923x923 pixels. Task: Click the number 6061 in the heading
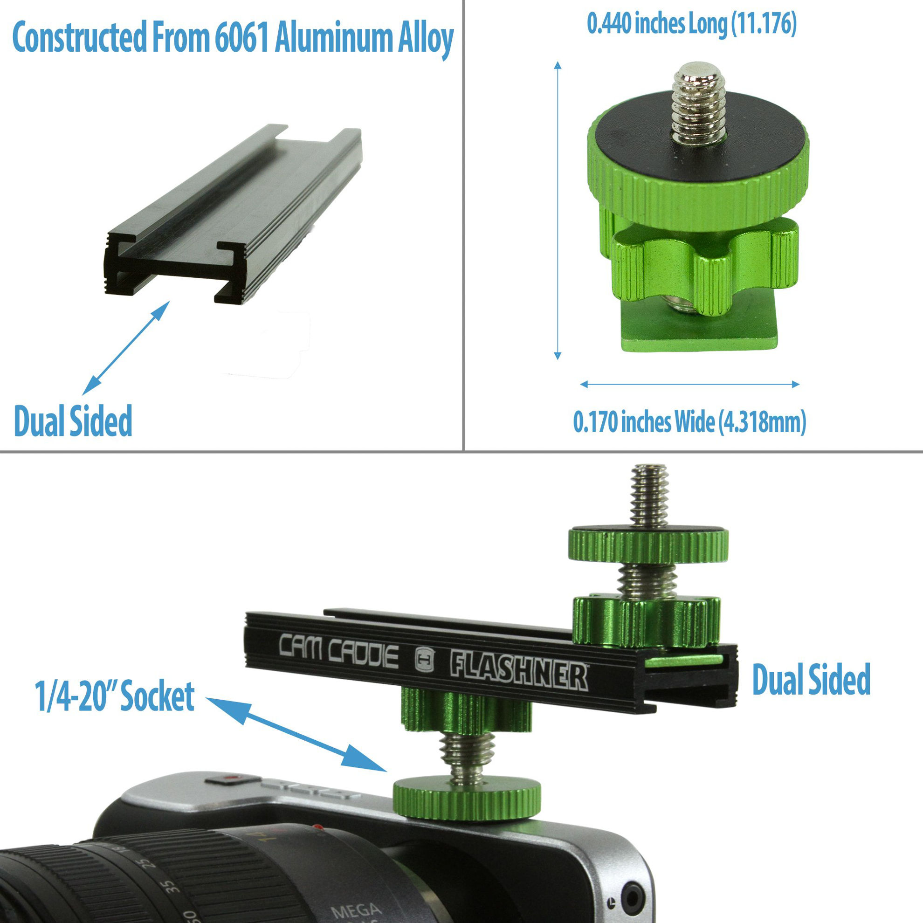click(x=242, y=38)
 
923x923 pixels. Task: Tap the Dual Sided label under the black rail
click(x=73, y=421)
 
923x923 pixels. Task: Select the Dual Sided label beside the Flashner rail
click(x=811, y=679)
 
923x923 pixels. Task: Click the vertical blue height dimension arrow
click(x=557, y=210)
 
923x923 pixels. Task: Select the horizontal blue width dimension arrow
click(x=689, y=384)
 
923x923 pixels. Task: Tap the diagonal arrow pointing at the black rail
click(x=126, y=348)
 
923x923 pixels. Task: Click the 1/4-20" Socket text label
click(x=114, y=696)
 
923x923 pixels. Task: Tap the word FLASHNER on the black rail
click(x=518, y=672)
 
